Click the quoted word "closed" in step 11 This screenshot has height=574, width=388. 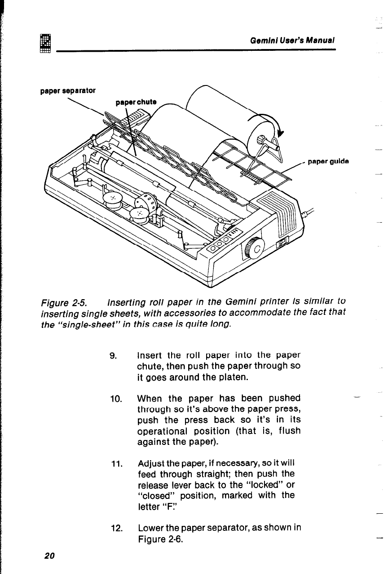(154, 496)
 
